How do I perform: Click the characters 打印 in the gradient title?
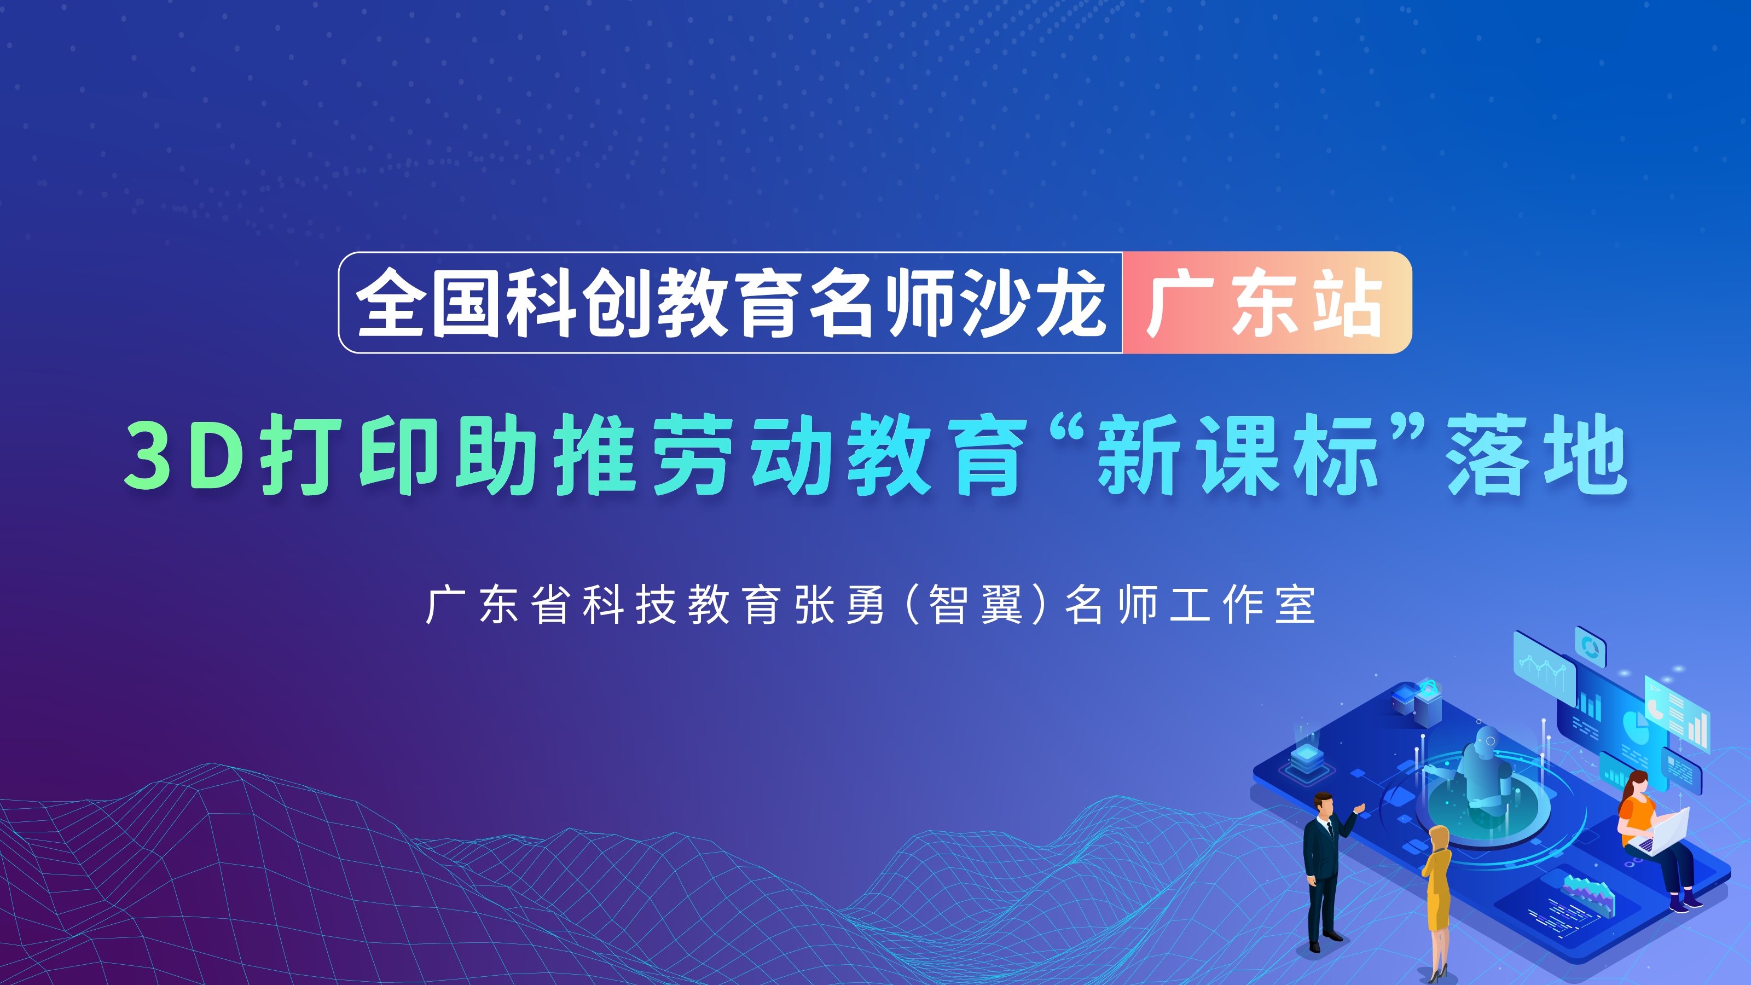pyautogui.click(x=350, y=454)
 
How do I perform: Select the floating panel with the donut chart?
pyautogui.click(x=1591, y=646)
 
